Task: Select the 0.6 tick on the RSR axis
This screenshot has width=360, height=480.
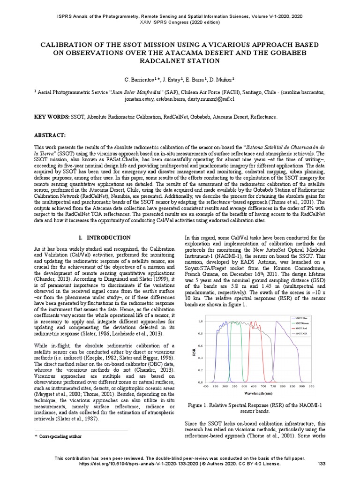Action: coord(200,345)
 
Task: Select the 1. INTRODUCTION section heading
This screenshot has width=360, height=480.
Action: coord(105,238)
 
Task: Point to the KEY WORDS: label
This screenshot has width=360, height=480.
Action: coord(52,116)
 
